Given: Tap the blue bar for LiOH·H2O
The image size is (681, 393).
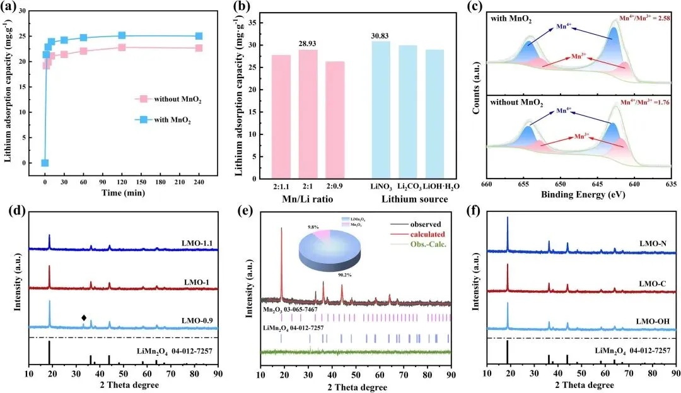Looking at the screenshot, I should [435, 114].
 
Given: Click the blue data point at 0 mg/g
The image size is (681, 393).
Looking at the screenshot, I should [45, 163].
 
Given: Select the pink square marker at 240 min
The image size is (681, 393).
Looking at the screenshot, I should [199, 48].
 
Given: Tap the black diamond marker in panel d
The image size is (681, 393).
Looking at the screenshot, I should [83, 318].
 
